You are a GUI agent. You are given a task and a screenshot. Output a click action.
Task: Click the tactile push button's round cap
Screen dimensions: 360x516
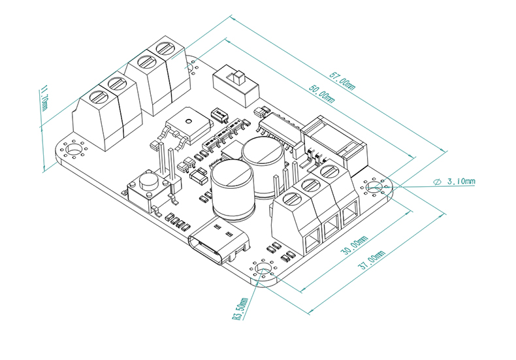149,178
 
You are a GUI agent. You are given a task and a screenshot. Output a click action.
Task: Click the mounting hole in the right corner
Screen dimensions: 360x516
374,188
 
